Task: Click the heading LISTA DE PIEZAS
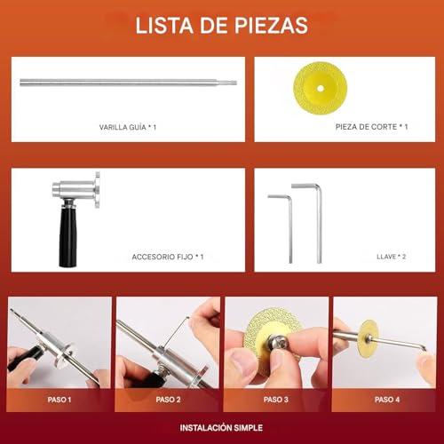point(222,26)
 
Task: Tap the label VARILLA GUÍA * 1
point(128,127)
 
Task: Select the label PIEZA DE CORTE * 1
point(371,127)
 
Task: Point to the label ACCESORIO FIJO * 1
point(168,257)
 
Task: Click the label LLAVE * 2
point(391,257)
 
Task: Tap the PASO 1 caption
point(59,400)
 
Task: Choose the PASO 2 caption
point(168,400)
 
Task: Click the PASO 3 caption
point(276,400)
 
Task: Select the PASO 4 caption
point(387,400)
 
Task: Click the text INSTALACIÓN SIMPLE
point(221,428)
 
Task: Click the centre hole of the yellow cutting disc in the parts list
point(320,88)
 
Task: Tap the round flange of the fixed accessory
point(98,190)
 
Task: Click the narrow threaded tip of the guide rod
point(231,83)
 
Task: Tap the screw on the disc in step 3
point(279,345)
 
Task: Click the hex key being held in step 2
point(177,331)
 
